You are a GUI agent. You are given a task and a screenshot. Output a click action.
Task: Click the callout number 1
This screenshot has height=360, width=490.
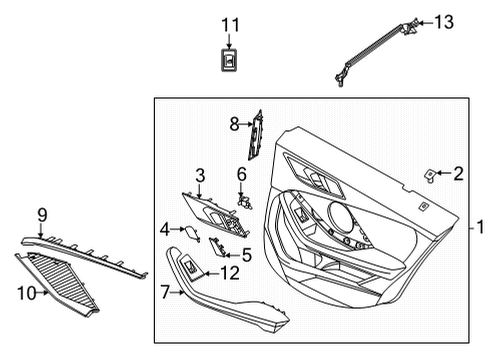pos(479,227)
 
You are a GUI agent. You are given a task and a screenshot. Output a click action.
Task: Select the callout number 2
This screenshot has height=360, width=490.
pos(458,174)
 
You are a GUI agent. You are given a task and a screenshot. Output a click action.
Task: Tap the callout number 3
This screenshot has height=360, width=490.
pos(200,175)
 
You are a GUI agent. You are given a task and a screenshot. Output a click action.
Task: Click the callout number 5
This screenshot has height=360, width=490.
pos(246,255)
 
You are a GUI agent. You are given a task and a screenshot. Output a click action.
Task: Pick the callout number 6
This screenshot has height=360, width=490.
pos(241,175)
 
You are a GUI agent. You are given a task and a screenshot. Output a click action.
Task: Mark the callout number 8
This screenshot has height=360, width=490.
pos(234,124)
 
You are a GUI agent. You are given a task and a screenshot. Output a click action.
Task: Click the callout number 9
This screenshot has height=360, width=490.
pos(42,213)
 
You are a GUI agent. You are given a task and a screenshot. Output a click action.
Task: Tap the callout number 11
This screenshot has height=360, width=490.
pos(231,24)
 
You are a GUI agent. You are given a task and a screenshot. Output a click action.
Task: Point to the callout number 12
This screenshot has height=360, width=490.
pos(230,273)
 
